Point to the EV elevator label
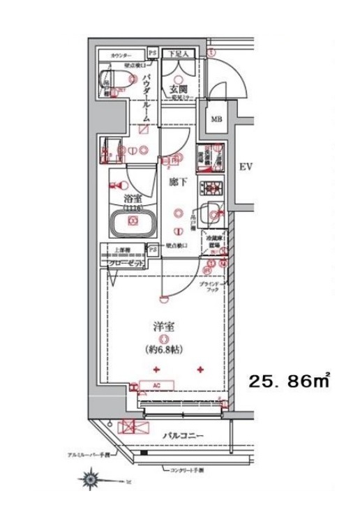pos(246,167)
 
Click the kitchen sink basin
pos(213,209)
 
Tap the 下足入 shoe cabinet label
pos(179,54)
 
